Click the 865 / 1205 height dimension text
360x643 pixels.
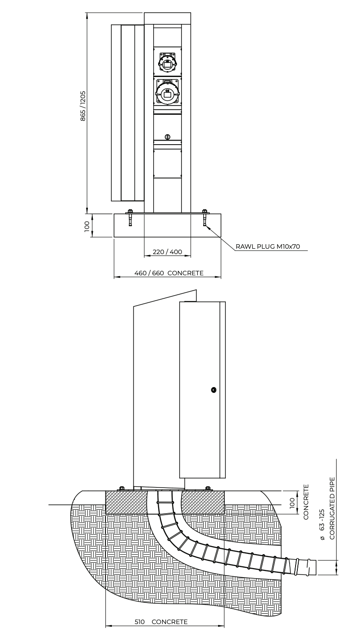point(83,106)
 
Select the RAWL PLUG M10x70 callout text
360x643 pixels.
point(268,246)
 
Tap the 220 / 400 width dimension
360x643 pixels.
point(167,252)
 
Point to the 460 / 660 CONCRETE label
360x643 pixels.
point(169,273)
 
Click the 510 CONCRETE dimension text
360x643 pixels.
point(161,630)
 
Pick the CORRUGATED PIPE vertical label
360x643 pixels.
point(332,508)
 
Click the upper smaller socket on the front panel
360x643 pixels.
point(167,63)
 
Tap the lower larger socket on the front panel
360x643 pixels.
point(167,93)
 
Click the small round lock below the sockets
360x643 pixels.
point(168,137)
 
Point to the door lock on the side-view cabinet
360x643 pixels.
point(213,390)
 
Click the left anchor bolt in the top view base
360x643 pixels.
point(130,218)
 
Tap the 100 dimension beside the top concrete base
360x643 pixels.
point(87,226)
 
